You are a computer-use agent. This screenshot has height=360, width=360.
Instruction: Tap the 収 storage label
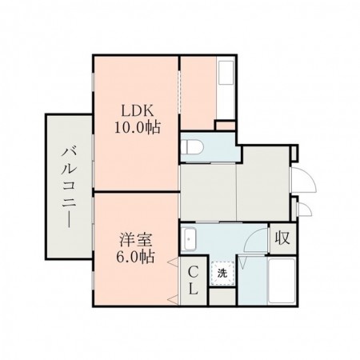coord(282,238)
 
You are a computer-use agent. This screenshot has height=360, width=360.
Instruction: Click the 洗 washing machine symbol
coord(223,273)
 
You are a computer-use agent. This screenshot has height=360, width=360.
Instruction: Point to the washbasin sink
coord(190,238)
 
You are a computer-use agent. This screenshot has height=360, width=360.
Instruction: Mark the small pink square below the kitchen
coord(226,125)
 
